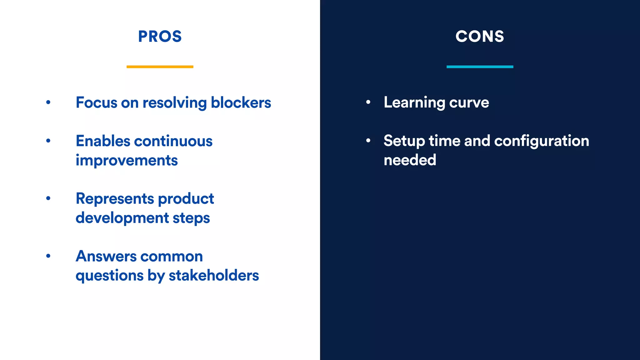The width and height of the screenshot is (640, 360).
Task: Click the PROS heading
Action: pos(160,37)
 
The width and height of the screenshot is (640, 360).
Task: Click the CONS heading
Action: pos(480,37)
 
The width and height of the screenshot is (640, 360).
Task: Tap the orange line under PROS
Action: pos(160,67)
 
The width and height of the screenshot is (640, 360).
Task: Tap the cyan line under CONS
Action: pos(480,67)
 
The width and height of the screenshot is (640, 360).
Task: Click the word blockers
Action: pos(241,102)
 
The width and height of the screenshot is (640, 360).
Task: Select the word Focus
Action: pos(96,102)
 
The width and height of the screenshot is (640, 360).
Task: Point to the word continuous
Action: pos(173,141)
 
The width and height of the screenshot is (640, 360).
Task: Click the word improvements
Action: pos(127,161)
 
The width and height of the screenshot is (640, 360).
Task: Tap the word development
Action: pos(122,218)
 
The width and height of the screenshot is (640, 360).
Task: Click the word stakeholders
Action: pos(214,275)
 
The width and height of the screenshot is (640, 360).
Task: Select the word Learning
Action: pos(414,102)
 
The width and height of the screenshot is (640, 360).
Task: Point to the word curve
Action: pos(469,102)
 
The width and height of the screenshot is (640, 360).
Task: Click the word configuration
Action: pos(542,141)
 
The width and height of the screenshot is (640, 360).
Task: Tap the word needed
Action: pos(410,160)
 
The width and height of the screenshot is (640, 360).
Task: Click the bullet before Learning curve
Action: pos(368,102)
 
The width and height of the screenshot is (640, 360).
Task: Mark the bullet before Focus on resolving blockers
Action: pos(48,102)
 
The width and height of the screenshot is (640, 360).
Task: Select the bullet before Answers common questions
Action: pos(48,256)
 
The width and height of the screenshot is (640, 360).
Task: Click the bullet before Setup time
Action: pos(368,141)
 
